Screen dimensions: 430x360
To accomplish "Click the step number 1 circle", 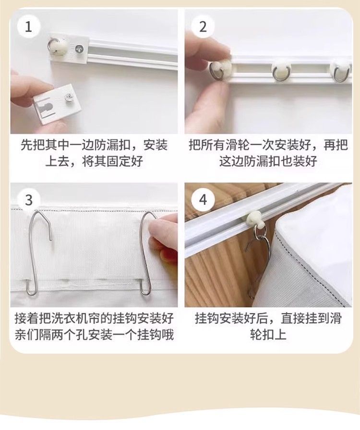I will tap(28, 26).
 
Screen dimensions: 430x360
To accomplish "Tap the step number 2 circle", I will tap(203, 26).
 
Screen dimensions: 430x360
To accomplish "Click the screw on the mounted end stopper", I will tap(78, 48).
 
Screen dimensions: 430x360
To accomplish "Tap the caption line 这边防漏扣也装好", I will tap(268, 161).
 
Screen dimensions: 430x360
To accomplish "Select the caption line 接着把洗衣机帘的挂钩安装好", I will tap(94, 319).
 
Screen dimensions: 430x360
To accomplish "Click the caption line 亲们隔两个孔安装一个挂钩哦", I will tap(94, 334).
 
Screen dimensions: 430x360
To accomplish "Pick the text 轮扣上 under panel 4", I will tap(268, 334).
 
